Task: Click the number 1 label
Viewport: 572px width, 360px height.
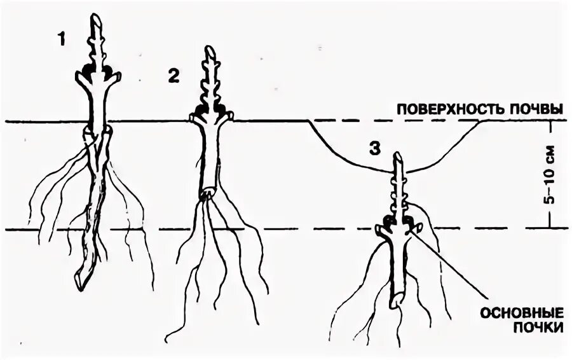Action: point(61,39)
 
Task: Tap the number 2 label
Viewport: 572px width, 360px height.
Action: point(174,76)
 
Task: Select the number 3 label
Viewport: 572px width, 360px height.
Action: point(375,148)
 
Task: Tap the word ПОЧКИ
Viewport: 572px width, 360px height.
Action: point(539,328)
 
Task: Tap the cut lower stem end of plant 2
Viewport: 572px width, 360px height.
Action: point(207,192)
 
